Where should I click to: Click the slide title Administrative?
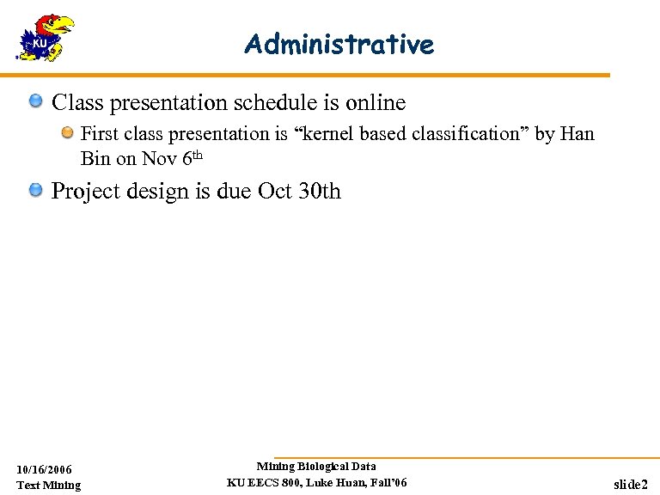(339, 44)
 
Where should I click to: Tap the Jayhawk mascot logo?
(45, 38)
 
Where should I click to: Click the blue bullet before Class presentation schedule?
(36, 103)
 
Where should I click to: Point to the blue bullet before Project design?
(36, 190)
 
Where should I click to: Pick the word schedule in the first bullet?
(272, 103)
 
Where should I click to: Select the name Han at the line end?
(577, 134)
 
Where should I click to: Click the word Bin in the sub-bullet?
(95, 159)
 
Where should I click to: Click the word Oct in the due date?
(275, 191)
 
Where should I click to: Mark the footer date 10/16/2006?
(45, 469)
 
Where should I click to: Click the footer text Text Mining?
(49, 486)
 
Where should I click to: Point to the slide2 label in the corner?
(630, 486)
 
